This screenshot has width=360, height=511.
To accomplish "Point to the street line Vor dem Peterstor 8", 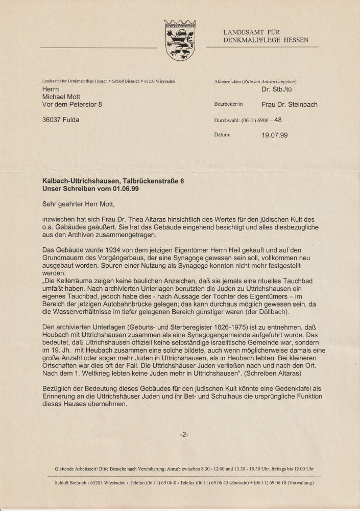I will point(72,105).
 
